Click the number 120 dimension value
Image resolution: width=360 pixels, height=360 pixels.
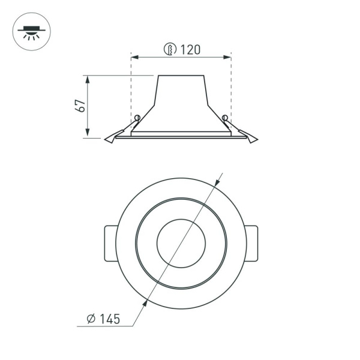coord(190,49)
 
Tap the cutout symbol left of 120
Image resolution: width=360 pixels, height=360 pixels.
coord(170,49)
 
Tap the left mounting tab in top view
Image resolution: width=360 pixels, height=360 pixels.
coord(110,243)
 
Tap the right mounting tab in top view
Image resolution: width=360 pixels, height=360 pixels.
coord(252,243)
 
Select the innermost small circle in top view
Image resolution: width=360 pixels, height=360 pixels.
coord(181,243)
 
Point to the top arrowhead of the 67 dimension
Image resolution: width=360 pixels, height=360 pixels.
coord(88,79)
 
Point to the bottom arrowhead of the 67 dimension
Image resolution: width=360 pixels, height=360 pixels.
coord(88,134)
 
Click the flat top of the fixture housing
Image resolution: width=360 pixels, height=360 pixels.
coord(181,76)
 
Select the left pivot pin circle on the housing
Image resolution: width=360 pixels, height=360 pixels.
coord(137,117)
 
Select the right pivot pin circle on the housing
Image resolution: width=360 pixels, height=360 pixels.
coord(225,117)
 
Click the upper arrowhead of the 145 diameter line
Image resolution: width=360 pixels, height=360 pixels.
coord(217,182)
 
